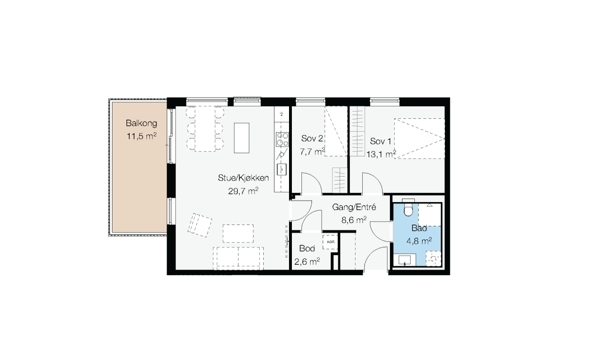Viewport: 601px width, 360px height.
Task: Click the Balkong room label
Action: (141, 124)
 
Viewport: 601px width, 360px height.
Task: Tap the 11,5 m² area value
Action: (142, 136)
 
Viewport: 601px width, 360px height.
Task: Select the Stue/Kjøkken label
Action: (244, 178)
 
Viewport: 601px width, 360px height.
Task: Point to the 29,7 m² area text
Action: (244, 191)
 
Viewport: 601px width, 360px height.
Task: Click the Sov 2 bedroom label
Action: (312, 138)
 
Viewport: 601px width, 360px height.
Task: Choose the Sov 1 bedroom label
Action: (380, 141)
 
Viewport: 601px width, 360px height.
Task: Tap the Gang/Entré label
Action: (354, 207)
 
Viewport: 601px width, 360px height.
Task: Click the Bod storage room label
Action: (307, 248)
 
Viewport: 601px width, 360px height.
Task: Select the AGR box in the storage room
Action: (330, 242)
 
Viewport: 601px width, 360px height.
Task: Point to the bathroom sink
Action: (405, 260)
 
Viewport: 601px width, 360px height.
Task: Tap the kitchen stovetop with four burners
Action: (282, 139)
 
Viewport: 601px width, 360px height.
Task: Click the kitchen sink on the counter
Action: (281, 169)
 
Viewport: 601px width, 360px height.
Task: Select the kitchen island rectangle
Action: (242, 138)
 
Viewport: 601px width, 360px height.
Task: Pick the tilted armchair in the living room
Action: (200, 225)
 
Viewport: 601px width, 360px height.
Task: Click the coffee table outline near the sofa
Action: (238, 234)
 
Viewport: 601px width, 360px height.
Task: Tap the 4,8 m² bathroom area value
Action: (419, 241)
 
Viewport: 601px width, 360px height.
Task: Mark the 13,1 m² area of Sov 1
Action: (381, 154)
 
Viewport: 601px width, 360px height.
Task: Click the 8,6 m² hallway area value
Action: (354, 220)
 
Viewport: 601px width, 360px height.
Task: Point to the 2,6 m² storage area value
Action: (307, 261)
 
